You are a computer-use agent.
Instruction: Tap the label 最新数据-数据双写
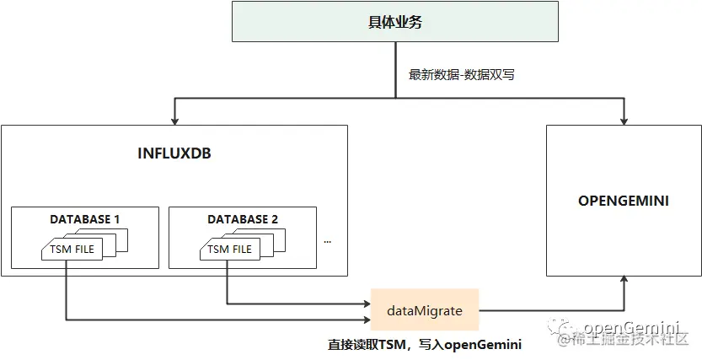pos(461,74)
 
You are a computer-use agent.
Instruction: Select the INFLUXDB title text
pos(174,154)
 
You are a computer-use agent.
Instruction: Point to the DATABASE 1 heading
pos(85,219)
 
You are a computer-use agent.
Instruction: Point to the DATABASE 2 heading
pos(243,219)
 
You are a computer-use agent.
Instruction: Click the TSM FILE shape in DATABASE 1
pos(72,249)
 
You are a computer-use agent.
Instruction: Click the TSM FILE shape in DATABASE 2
pos(229,249)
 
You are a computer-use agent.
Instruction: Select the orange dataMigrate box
pos(425,310)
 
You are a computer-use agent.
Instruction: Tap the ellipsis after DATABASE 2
pos(327,240)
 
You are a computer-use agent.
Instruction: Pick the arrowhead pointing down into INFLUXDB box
pos(174,121)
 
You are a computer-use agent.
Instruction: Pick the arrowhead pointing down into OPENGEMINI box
pos(624,121)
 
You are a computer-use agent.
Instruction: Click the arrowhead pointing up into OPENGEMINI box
pos(624,281)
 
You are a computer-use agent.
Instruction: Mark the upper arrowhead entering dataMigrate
pos(366,303)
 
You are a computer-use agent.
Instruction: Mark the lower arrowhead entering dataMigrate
pos(366,320)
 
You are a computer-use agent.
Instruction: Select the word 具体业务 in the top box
pos(395,22)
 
